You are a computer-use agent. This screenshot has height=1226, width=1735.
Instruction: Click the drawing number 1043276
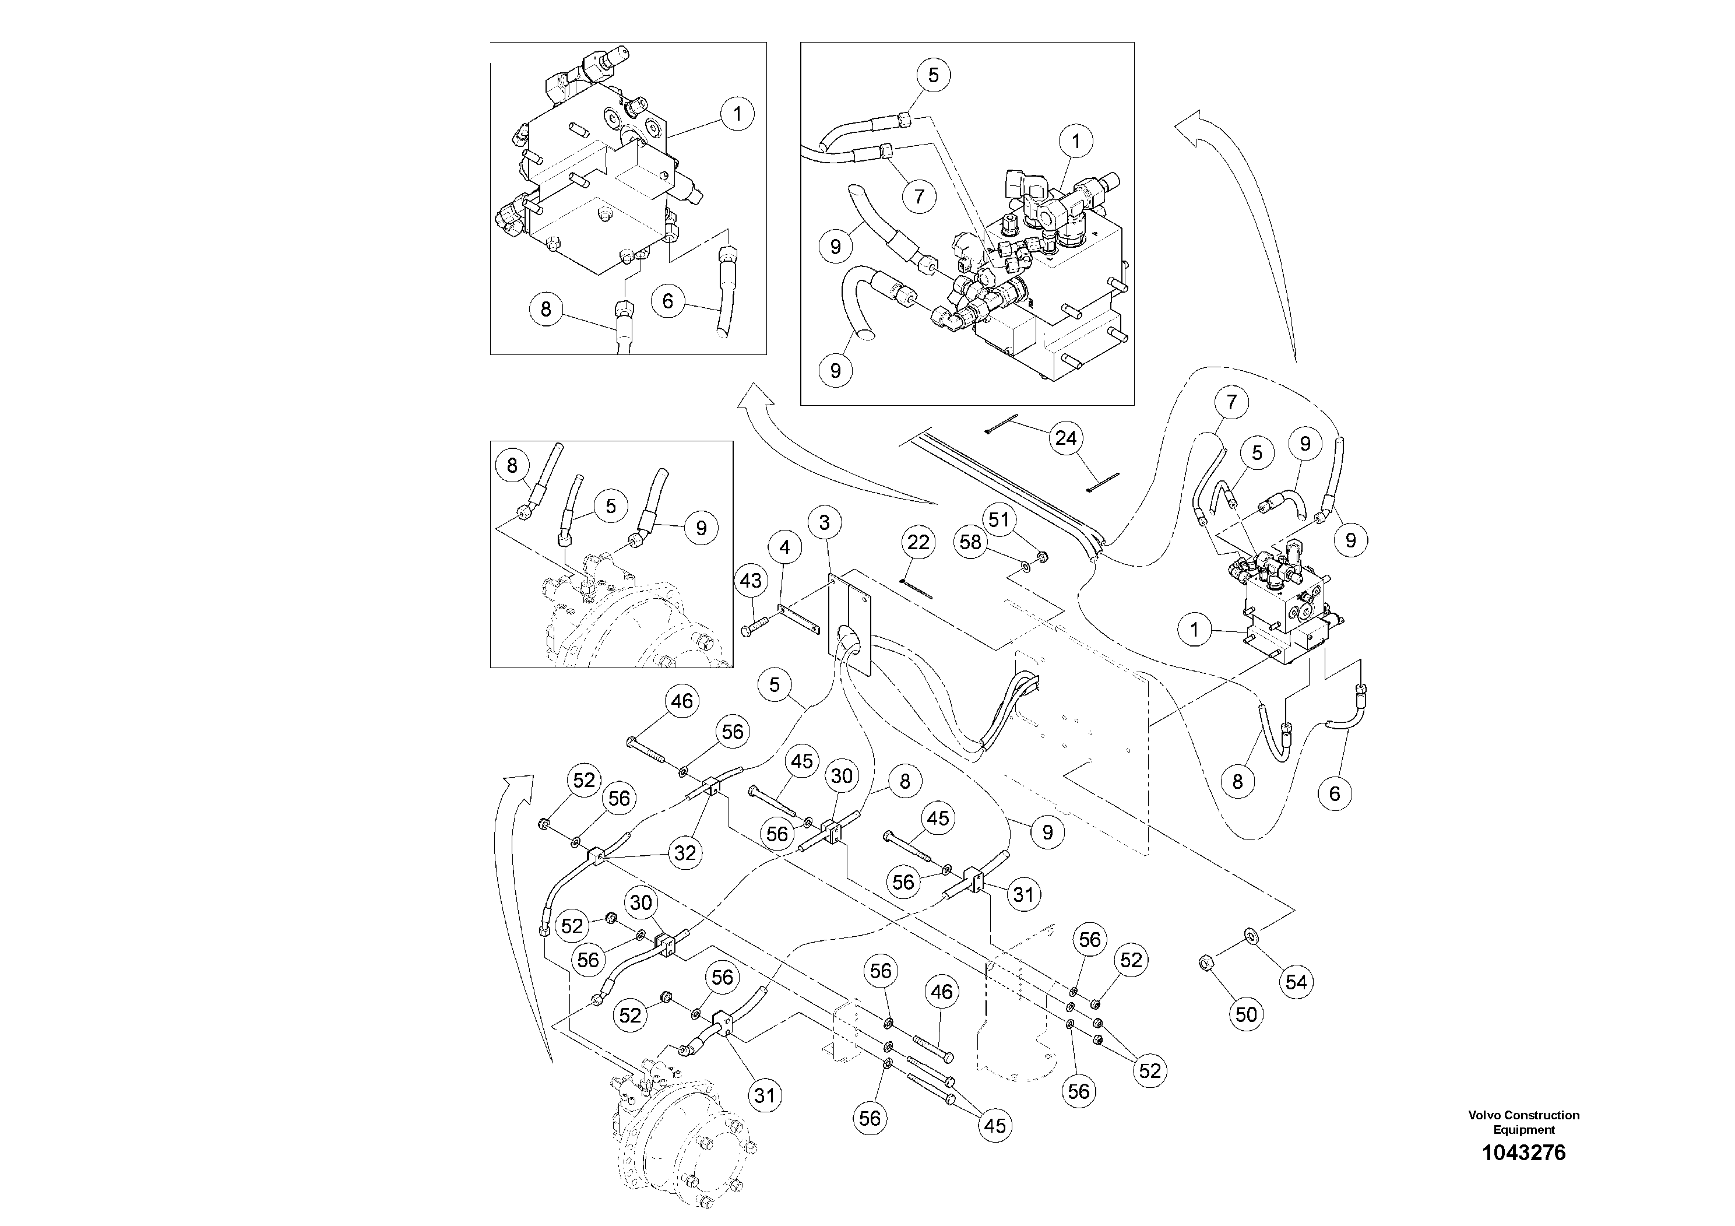pyautogui.click(x=1523, y=1153)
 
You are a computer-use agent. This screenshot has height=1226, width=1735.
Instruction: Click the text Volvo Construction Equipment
pyautogui.click(x=1523, y=1122)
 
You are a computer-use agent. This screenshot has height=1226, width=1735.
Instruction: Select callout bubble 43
pyautogui.click(x=751, y=581)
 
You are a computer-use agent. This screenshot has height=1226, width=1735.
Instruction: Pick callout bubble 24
pyautogui.click(x=1065, y=438)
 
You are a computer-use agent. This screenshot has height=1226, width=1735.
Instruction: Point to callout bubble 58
pyautogui.click(x=970, y=542)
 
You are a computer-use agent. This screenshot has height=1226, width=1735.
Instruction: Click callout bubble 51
pyautogui.click(x=999, y=520)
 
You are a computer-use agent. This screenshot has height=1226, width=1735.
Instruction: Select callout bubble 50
pyautogui.click(x=1246, y=1014)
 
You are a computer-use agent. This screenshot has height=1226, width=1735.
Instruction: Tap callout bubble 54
pyautogui.click(x=1296, y=982)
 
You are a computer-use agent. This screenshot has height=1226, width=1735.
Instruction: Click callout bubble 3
pyautogui.click(x=825, y=522)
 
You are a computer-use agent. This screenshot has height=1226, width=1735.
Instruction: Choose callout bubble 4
pyautogui.click(x=784, y=547)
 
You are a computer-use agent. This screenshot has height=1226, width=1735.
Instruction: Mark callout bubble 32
pyautogui.click(x=685, y=853)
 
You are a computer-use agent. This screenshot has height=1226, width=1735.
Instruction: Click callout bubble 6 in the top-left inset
pyautogui.click(x=667, y=301)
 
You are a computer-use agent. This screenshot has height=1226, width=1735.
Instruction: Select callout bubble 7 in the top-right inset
pyautogui.click(x=919, y=196)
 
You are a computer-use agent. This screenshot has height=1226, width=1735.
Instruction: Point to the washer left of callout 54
pyautogui.click(x=1251, y=938)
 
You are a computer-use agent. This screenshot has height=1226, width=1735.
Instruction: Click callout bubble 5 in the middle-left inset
pyautogui.click(x=611, y=507)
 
